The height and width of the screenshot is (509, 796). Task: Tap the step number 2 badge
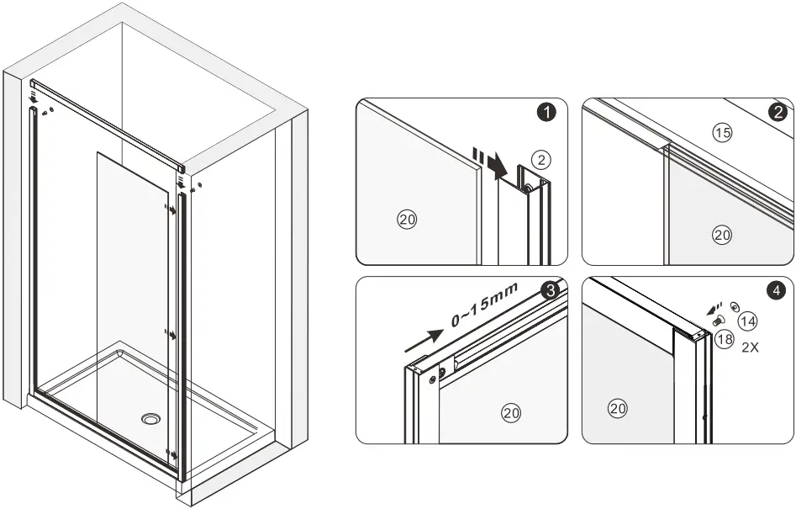pos(778,112)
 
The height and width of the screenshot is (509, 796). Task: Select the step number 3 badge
pos(549,291)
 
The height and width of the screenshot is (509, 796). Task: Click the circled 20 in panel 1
pos(407,220)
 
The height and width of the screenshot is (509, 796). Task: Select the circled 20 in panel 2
pos(722,235)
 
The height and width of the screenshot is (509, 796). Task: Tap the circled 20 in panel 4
pos(618,409)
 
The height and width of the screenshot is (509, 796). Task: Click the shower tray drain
pos(152,418)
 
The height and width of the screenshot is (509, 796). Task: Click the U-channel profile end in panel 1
pos(533,181)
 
